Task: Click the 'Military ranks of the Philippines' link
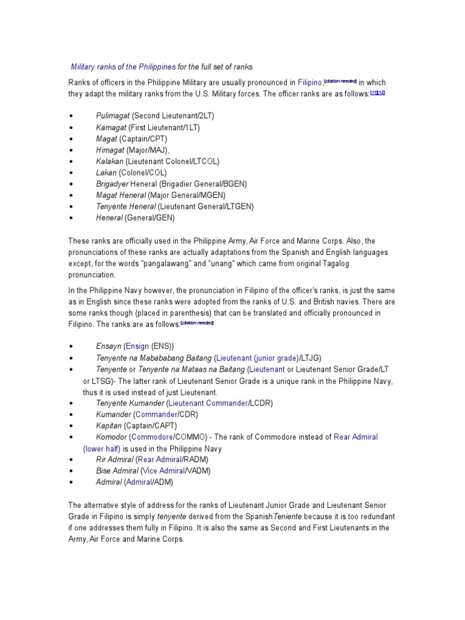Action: tap(124, 67)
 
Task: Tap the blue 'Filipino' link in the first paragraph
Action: tap(309, 82)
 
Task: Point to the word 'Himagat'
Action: tap(110, 150)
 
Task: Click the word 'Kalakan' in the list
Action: tap(110, 161)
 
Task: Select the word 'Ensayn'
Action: tap(108, 346)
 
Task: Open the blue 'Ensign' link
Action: tap(137, 346)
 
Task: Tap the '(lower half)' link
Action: tap(101, 449)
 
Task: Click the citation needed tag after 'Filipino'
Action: tap(341, 81)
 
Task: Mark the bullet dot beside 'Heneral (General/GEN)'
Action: tap(71, 218)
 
